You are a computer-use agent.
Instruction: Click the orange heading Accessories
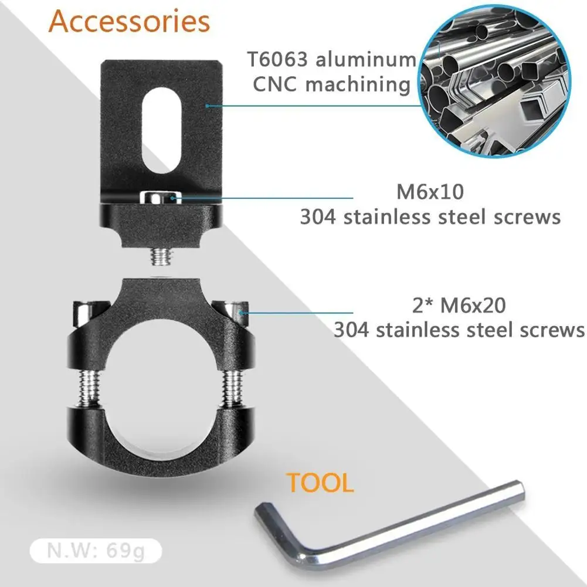pos(129,22)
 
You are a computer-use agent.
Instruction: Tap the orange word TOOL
pos(320,483)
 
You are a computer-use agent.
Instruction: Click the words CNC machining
pos(331,84)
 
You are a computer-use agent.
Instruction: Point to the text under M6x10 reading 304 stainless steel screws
pos(430,218)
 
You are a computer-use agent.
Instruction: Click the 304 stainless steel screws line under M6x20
pos(459,330)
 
